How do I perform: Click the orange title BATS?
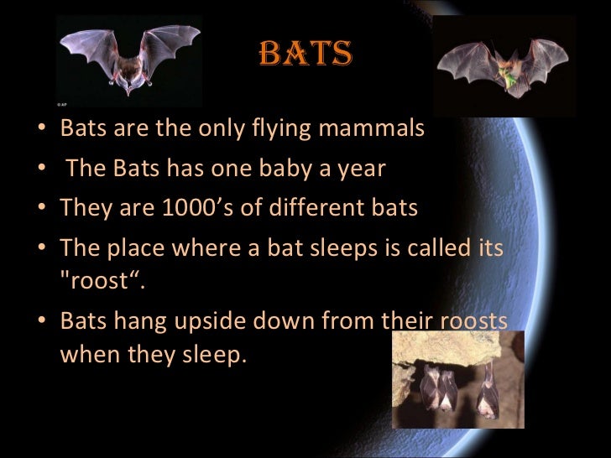click(x=305, y=55)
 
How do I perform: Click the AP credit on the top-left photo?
click(x=62, y=106)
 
